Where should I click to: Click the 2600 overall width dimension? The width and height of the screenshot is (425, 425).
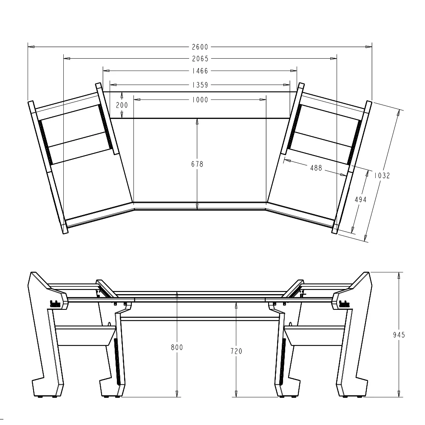click(x=200, y=47)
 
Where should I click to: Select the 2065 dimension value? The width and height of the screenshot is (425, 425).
click(x=200, y=59)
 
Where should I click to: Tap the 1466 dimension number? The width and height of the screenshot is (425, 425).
click(x=200, y=71)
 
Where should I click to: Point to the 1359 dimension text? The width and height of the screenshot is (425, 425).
click(x=200, y=85)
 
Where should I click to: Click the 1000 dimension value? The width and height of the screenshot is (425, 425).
click(x=200, y=100)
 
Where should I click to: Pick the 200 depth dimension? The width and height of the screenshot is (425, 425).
click(x=122, y=105)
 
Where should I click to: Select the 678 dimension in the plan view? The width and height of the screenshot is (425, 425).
click(x=197, y=164)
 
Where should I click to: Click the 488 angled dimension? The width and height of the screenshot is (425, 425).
click(x=316, y=168)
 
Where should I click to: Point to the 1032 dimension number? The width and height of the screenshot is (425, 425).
click(x=382, y=175)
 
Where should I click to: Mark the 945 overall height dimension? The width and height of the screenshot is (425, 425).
click(x=399, y=335)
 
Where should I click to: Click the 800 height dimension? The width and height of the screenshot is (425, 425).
click(x=177, y=348)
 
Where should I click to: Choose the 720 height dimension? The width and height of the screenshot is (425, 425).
click(x=236, y=351)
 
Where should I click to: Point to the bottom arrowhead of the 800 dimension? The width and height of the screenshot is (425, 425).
click(x=177, y=394)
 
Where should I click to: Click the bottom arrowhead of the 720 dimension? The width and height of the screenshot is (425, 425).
click(x=236, y=394)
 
